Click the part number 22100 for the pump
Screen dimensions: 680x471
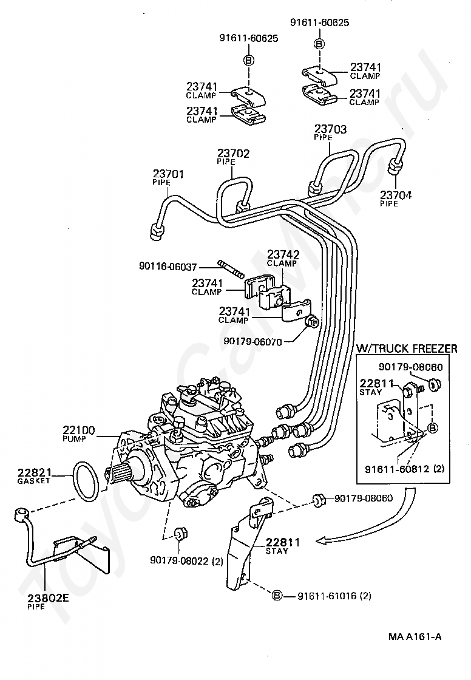[x=78, y=430]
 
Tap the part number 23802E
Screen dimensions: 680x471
[x=48, y=597]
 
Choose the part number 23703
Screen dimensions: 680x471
[x=330, y=129]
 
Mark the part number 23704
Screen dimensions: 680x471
[x=396, y=195]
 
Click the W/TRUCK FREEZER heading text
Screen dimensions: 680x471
[x=407, y=348]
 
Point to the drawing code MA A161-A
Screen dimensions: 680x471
[x=415, y=637]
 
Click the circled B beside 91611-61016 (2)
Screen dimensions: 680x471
[x=277, y=595]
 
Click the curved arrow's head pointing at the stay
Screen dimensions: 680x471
[x=323, y=539]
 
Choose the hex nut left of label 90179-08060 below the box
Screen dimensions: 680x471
[x=316, y=499]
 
